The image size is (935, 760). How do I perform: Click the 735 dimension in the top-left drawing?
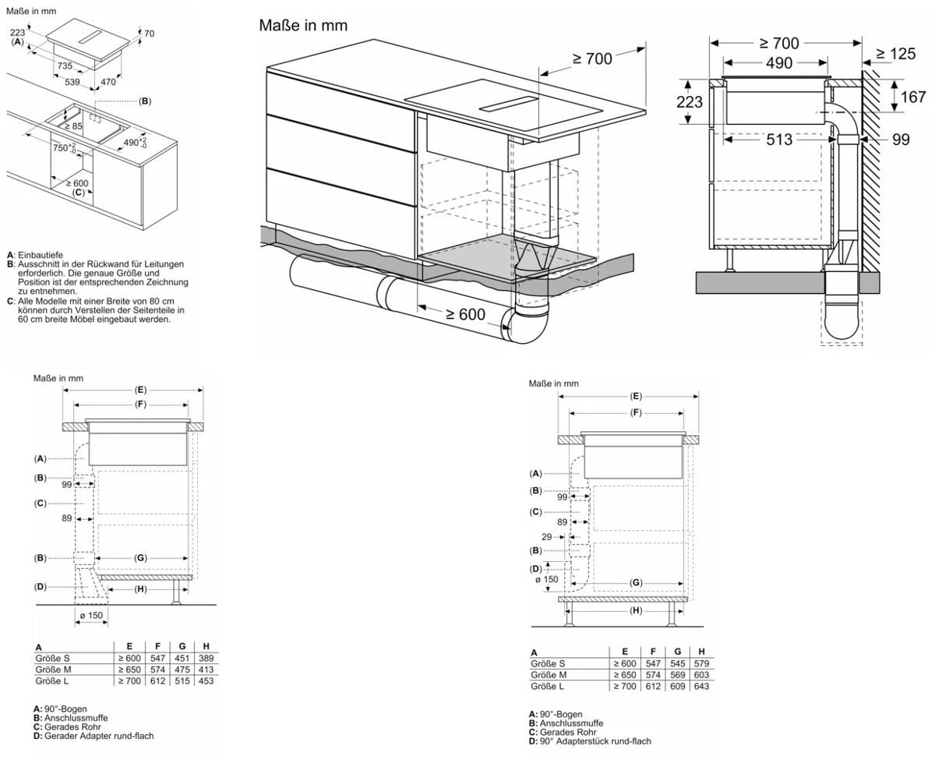tap(65, 66)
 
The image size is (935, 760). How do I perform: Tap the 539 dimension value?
tap(72, 81)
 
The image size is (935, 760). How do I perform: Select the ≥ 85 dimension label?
tap(72, 125)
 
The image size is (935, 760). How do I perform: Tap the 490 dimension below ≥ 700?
tap(777, 63)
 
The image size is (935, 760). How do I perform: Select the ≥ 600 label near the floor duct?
tap(465, 314)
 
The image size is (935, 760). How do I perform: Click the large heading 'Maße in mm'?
tap(303, 26)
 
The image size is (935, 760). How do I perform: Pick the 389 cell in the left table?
tap(206, 659)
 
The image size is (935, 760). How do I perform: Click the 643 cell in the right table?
tap(701, 686)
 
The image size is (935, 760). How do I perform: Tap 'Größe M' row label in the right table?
tap(549, 674)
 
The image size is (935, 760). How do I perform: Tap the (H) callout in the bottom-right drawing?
tap(636, 610)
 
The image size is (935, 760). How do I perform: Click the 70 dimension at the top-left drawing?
tap(149, 34)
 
